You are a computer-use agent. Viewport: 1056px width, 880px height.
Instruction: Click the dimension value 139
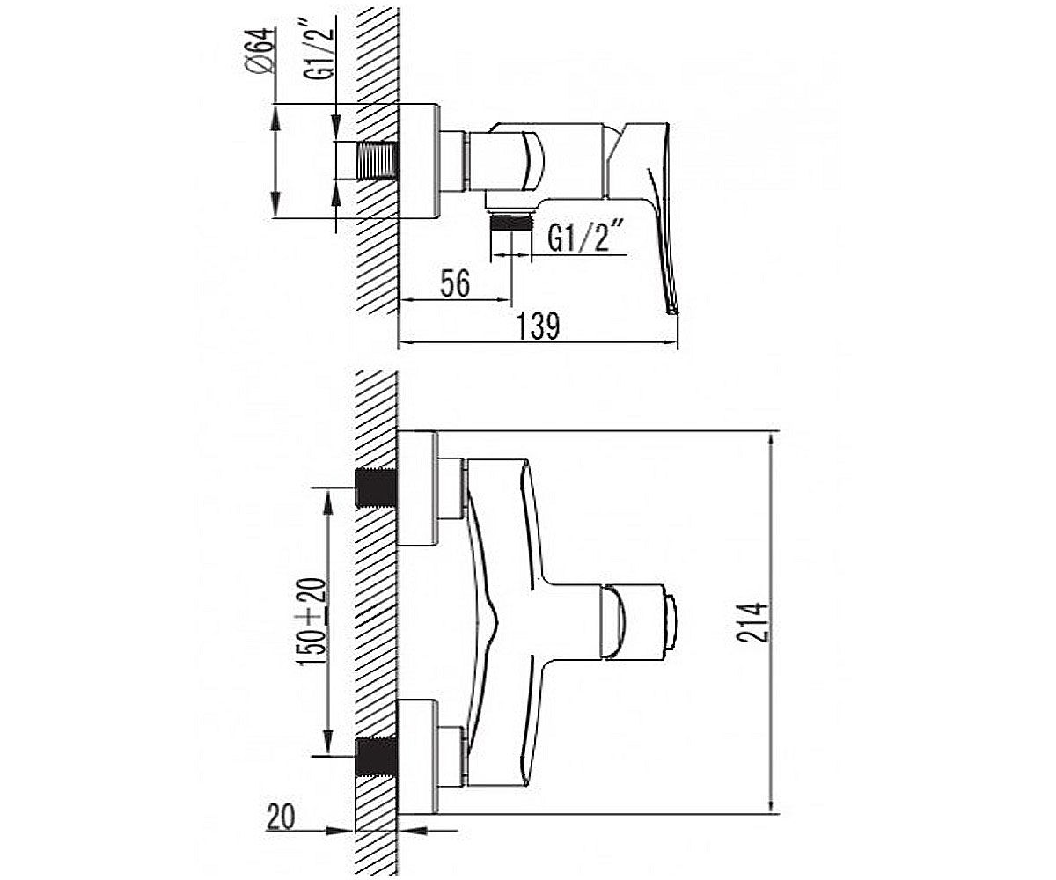click(538, 326)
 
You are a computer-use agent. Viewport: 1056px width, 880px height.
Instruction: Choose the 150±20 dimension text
click(313, 622)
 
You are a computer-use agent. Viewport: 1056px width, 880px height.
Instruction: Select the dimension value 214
click(753, 622)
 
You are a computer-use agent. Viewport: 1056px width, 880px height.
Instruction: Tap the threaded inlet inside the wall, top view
click(378, 161)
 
